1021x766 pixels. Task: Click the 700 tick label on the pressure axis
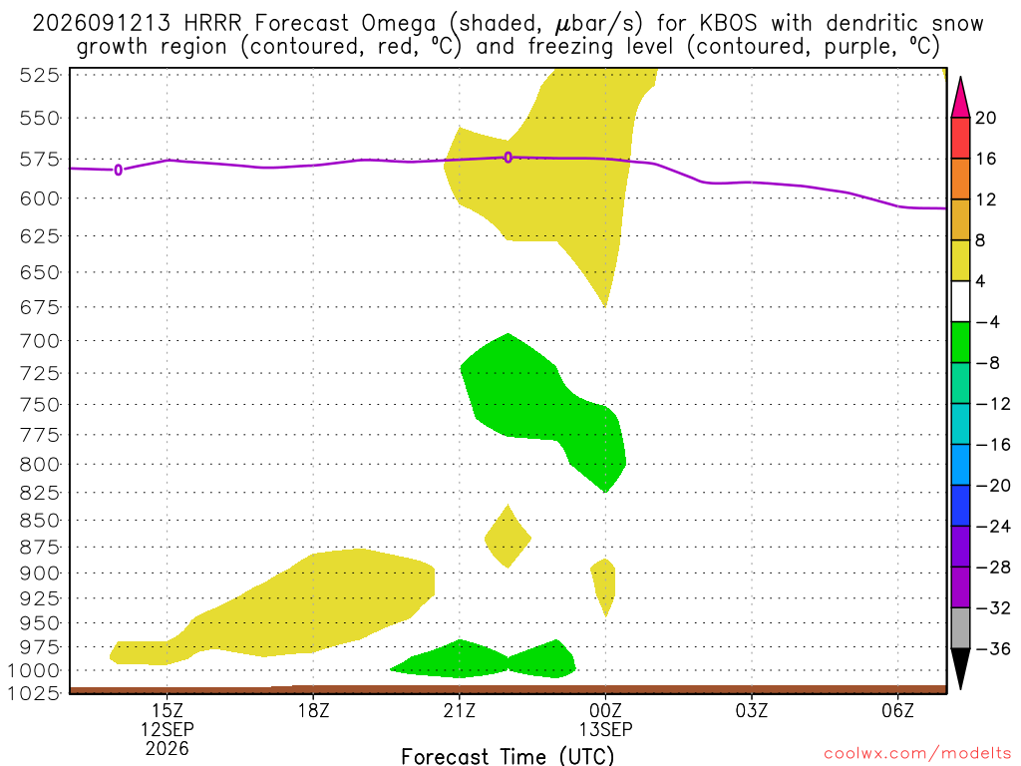tap(39, 341)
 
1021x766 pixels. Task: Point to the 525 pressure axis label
tap(39, 76)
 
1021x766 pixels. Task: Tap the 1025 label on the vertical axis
tap(33, 693)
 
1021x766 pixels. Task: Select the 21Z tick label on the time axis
tap(460, 710)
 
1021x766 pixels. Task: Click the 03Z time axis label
tap(752, 710)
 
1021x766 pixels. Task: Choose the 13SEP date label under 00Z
tap(605, 729)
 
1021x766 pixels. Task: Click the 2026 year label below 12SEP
tap(168, 749)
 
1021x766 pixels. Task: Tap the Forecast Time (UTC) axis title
tap(508, 756)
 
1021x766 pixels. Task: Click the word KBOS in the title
tap(729, 24)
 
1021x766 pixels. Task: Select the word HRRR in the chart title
tap(212, 24)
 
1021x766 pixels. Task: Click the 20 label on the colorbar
tap(986, 118)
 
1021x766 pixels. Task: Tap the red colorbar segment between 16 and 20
tap(960, 138)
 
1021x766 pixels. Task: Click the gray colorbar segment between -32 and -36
tap(960, 628)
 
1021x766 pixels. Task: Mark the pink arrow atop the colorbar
tap(960, 99)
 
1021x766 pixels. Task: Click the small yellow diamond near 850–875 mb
tap(508, 537)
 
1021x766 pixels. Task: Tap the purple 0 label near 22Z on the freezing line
tap(509, 157)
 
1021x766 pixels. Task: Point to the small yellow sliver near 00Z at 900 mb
tap(603, 585)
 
